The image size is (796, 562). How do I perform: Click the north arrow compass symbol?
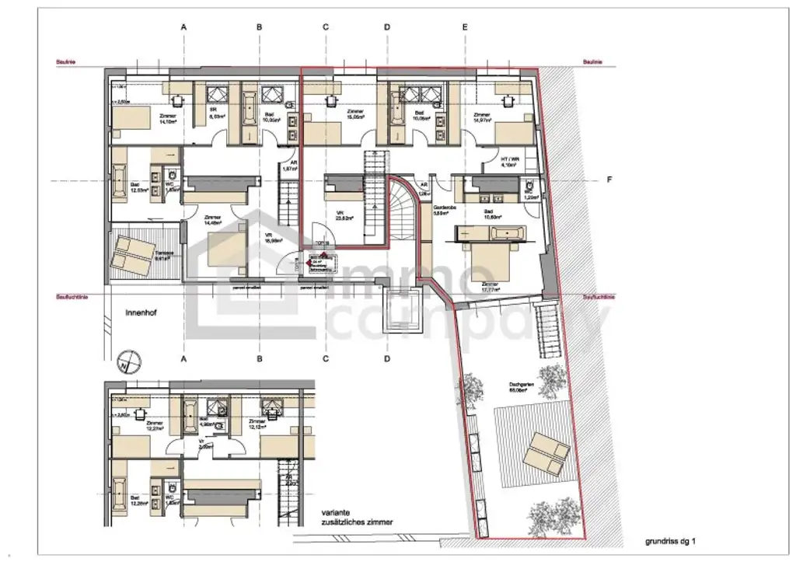(x=131, y=362)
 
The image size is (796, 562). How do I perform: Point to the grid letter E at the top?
(x=465, y=27)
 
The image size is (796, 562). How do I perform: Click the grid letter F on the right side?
(x=609, y=180)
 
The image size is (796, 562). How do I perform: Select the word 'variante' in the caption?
(x=338, y=514)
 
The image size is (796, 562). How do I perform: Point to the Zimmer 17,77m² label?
(x=490, y=287)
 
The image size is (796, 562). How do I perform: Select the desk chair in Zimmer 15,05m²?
(x=332, y=100)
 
